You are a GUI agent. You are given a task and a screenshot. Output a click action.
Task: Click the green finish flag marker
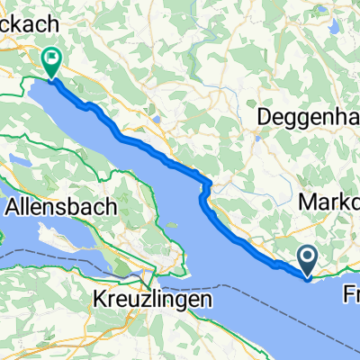click(50, 61)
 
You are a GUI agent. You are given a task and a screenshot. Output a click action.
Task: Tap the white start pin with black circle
click(308, 261)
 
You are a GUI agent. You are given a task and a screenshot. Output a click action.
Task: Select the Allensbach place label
click(61, 207)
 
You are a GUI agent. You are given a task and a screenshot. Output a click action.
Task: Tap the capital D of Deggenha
click(266, 116)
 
